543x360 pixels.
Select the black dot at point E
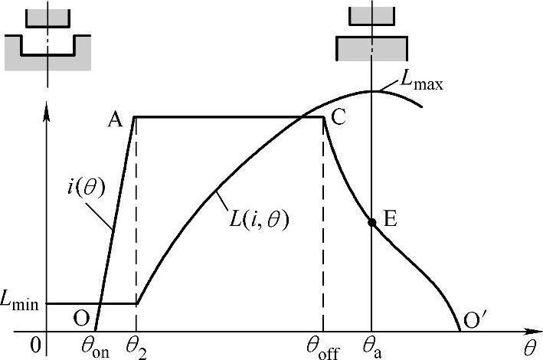pos(371,223)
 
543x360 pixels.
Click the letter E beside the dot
pos(390,220)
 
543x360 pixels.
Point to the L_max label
pos(421,80)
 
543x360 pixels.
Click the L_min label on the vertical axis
pos(22,304)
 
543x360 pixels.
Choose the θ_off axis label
pos(322,347)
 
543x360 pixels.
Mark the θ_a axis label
pos(372,347)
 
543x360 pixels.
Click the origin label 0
pos(34,346)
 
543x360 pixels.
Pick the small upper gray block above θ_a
pos(371,16)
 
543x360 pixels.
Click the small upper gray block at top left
pos(47,18)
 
